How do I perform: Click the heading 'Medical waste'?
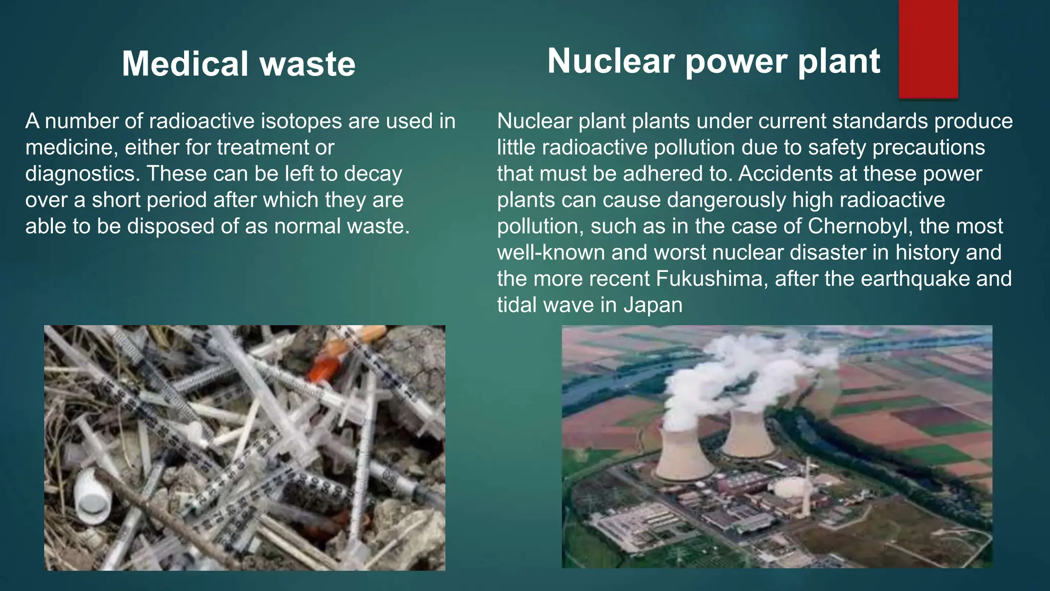238,64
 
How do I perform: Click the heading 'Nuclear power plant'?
713,61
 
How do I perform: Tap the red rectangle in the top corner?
928,49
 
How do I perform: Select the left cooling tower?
684,454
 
